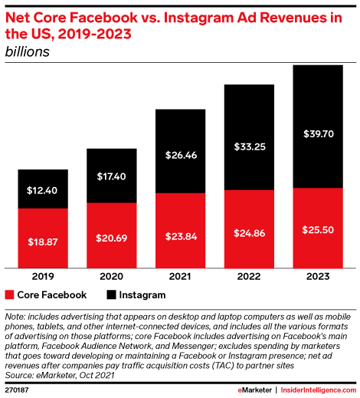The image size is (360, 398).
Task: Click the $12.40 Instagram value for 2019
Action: coord(43,189)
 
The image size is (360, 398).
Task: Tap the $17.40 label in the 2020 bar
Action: coord(111,176)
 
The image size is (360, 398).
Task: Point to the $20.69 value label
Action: coord(111,237)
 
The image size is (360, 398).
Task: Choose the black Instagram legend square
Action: coord(111,294)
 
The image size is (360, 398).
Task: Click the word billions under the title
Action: coord(26,52)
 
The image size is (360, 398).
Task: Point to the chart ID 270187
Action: coord(18,390)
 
